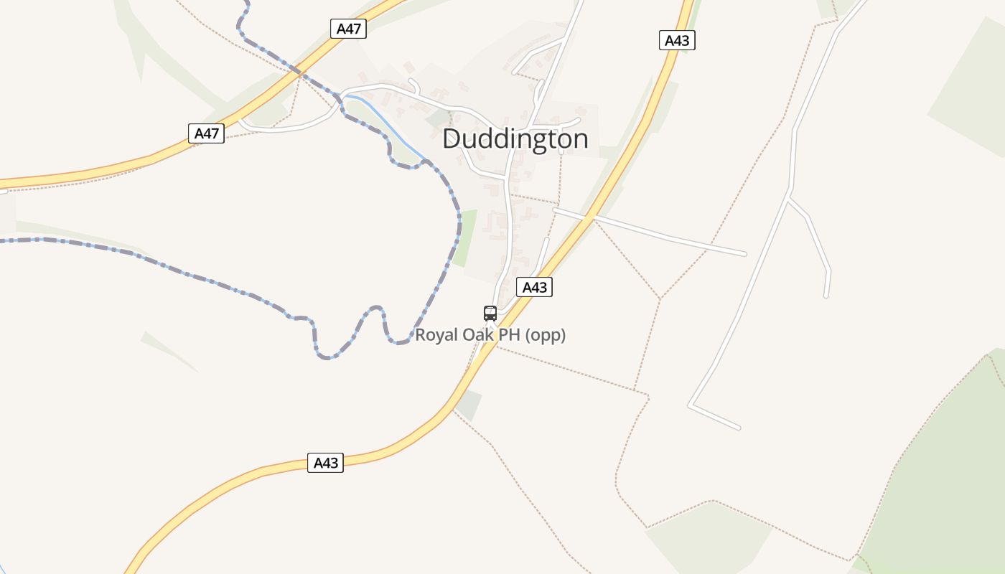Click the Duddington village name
tap(515, 138)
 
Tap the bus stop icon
tap(490, 313)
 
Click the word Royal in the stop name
tap(435, 335)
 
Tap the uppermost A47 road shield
tap(349, 29)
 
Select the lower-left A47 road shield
tap(206, 133)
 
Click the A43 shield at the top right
tap(676, 40)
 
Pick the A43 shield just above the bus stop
tap(534, 288)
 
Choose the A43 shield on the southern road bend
tap(326, 463)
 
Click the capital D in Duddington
tap(452, 138)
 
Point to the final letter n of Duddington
tap(581, 138)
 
